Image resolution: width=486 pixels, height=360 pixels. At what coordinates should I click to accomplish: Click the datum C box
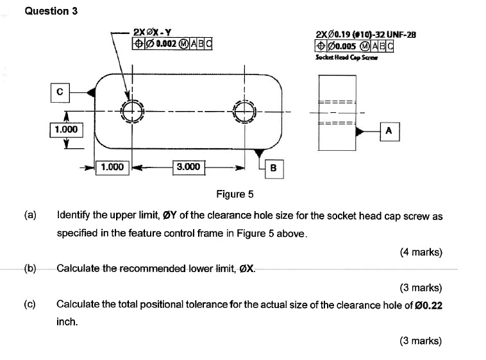coord(60,92)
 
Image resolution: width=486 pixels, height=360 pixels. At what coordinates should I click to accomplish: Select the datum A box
coord(390,132)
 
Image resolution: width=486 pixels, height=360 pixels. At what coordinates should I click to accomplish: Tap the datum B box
coord(274,169)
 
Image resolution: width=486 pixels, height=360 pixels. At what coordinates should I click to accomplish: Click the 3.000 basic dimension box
coord(189,167)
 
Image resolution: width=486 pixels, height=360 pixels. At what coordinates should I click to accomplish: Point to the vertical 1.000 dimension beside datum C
coord(66,130)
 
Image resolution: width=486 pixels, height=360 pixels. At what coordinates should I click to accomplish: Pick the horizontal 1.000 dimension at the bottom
coord(112,167)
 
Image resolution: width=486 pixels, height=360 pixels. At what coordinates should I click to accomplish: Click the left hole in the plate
coord(133,112)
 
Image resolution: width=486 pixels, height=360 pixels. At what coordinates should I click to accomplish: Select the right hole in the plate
coord(245,112)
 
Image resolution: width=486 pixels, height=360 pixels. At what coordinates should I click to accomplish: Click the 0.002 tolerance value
coord(167,44)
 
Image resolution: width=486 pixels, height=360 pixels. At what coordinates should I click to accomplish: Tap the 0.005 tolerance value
coord(346,47)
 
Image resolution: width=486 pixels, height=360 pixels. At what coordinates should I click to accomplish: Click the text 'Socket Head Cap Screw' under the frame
coord(346,57)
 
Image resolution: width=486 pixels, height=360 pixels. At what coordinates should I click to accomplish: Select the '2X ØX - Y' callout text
coord(152,32)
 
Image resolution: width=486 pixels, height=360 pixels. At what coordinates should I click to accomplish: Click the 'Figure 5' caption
coord(235,194)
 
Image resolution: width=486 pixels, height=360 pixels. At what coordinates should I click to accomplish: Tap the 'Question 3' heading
coord(51,11)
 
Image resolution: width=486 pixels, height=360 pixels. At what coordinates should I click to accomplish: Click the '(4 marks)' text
coord(421,252)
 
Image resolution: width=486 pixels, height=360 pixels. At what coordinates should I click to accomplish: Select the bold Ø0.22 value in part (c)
coord(428,305)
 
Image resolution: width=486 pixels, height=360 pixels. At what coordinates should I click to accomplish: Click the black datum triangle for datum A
coord(360,132)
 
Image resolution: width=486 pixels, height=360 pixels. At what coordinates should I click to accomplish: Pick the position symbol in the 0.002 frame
coord(138,44)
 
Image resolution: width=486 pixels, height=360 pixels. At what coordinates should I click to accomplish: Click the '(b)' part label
coord(30,268)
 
